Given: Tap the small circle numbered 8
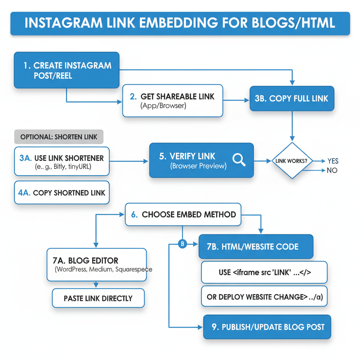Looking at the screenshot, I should pyautogui.click(x=182, y=243).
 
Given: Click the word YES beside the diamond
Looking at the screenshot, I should pyautogui.click(x=333, y=161).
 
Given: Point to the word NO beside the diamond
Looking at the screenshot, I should pyautogui.click(x=332, y=171).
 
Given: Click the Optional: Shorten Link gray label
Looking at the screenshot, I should pyautogui.click(x=59, y=137).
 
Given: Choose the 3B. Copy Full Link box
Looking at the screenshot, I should pyautogui.click(x=292, y=98).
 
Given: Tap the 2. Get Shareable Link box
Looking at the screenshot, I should pyautogui.click(x=173, y=101).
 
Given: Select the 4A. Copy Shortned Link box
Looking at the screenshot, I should pyautogui.click(x=62, y=193).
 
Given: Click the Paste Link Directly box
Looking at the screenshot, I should pyautogui.click(x=98, y=298).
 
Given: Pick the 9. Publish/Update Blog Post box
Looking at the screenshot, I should pyautogui.click(x=268, y=327).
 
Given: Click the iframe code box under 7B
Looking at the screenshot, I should pyautogui.click(x=264, y=272).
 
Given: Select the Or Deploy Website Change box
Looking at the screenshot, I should pyautogui.click(x=264, y=297).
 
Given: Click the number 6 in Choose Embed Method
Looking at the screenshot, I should pyautogui.click(x=134, y=214).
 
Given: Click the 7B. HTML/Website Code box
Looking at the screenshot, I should pyautogui.click(x=256, y=247).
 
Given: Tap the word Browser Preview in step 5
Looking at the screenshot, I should pyautogui.click(x=198, y=166).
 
